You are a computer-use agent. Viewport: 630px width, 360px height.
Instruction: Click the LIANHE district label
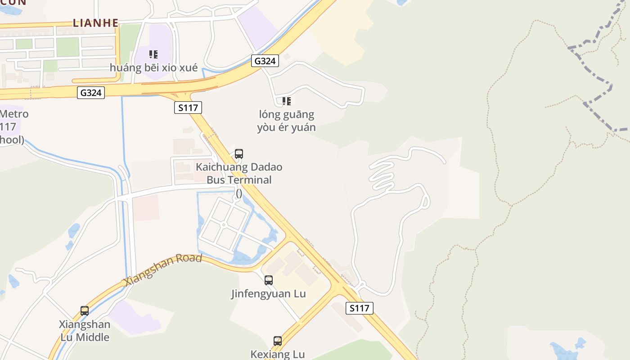point(96,23)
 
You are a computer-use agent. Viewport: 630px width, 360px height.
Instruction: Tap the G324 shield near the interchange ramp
point(265,61)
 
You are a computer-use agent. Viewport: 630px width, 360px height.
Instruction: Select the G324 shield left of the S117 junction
point(91,93)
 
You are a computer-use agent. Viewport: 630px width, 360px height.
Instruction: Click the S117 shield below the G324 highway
point(188,108)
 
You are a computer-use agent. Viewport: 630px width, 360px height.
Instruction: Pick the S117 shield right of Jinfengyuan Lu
point(359,308)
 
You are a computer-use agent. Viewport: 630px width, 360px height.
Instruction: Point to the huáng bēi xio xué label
point(154,68)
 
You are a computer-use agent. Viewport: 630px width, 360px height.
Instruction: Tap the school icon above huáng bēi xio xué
point(153,54)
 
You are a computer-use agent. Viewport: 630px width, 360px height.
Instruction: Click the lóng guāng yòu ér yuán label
point(286,121)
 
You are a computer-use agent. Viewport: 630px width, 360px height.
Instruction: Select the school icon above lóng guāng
point(286,101)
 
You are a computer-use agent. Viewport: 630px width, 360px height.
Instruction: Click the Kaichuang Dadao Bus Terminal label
point(239,174)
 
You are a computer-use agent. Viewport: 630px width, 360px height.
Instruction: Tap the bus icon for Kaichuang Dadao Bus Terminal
point(239,154)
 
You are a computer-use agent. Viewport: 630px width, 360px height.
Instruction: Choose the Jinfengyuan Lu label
point(269,294)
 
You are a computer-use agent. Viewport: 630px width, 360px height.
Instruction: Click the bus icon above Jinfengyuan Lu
point(269,280)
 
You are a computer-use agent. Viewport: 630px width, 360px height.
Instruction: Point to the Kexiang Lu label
point(278,354)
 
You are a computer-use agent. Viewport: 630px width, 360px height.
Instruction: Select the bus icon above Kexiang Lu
point(278,341)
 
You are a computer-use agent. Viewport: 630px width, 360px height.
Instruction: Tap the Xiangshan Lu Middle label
point(85,330)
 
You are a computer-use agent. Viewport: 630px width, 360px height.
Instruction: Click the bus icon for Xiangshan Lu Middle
point(85,310)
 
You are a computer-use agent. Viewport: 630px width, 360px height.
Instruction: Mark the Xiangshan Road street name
point(163,269)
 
